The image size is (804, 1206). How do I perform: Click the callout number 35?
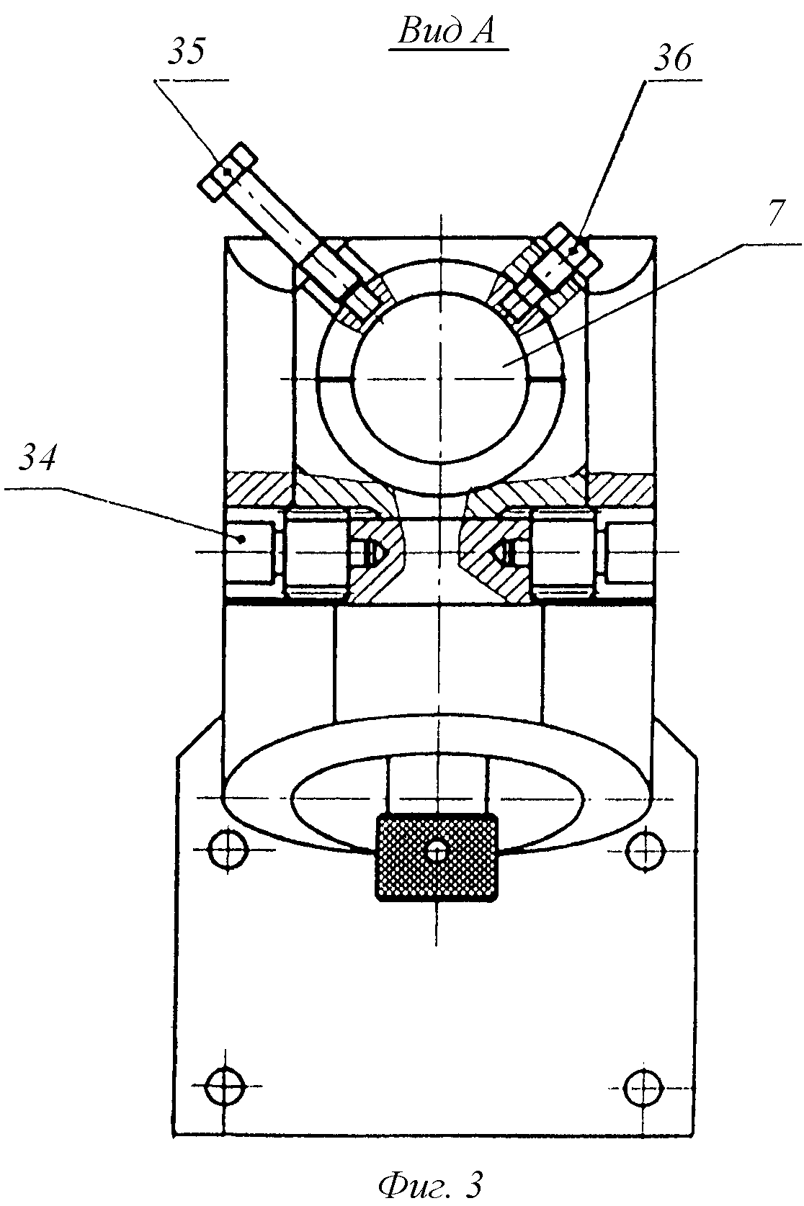[187, 52]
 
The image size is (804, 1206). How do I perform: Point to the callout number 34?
[37, 458]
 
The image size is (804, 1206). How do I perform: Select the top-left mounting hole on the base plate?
[228, 850]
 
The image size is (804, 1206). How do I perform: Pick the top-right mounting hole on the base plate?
[645, 850]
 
